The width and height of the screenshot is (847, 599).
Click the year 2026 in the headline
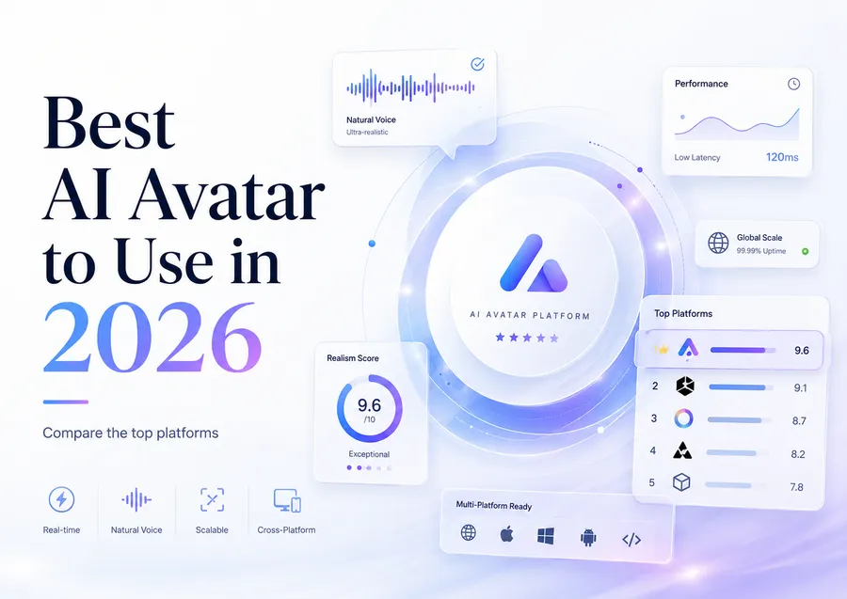pos(152,338)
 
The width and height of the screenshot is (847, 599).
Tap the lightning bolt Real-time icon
pos(61,499)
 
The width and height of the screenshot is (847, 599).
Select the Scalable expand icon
pos(212,499)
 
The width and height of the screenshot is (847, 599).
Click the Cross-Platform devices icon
pos(287,500)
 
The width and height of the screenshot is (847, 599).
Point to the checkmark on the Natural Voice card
pos(477,64)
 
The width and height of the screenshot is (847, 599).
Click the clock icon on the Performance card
pos(793,84)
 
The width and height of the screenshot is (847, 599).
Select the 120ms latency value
pos(782,157)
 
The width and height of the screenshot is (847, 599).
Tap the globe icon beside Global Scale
pos(718,243)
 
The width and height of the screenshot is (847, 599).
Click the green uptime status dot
pos(805,251)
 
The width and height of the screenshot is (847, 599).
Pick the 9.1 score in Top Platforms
pos(801,388)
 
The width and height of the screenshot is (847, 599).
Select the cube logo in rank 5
pos(681,481)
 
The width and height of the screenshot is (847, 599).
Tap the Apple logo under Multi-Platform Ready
pos(506,534)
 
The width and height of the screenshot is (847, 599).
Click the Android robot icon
pos(588,538)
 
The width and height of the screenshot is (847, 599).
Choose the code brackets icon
pos(631,540)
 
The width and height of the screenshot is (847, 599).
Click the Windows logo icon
pos(546,536)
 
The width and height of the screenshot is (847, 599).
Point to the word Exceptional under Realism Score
pos(369,454)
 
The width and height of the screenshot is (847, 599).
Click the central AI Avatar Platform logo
pos(534,263)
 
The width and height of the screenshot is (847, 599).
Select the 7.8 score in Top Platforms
pos(797,487)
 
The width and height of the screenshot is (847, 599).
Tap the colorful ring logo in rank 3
pos(683,418)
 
